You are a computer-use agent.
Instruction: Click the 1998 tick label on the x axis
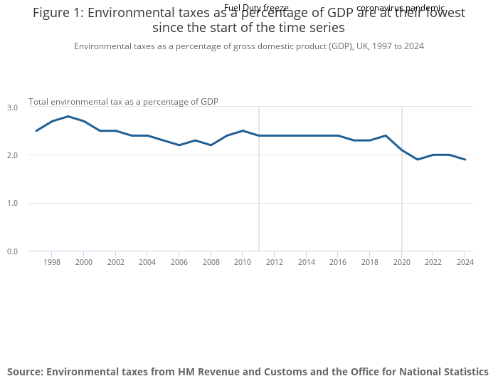point(52,262)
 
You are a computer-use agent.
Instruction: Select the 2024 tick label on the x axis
point(465,262)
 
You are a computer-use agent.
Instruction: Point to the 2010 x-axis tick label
point(243,262)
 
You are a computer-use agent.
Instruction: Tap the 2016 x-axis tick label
point(338,262)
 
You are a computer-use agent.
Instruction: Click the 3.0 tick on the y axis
point(12,108)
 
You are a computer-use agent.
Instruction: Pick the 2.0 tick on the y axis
point(12,155)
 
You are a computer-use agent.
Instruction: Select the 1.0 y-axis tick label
point(12,204)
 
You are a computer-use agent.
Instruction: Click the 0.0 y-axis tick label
point(12,251)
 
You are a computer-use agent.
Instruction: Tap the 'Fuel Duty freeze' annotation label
point(256,8)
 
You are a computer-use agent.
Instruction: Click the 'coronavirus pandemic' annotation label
point(401,8)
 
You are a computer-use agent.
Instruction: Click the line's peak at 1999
point(68,116)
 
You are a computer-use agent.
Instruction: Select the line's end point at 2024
point(465,160)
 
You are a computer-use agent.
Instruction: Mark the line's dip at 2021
point(418,160)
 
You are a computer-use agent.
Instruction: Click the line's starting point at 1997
point(36,130)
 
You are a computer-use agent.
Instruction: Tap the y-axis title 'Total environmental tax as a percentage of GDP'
point(123,102)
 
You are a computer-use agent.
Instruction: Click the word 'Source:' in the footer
point(25,372)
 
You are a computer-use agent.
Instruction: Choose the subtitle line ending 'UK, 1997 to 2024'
point(249,46)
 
